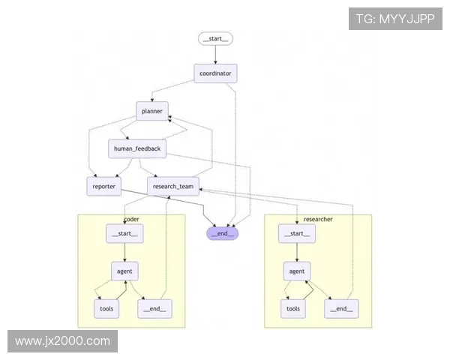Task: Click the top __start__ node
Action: click(216, 38)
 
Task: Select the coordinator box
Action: click(216, 73)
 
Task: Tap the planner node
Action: click(152, 111)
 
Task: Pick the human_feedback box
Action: click(136, 148)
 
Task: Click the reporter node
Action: click(104, 186)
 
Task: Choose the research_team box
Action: click(173, 186)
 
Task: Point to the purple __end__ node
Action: click(222, 233)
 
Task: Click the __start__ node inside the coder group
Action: click(124, 233)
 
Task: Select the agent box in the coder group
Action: click(124, 271)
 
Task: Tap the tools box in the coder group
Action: click(106, 308)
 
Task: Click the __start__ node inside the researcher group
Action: click(297, 233)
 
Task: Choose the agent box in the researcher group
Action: click(297, 271)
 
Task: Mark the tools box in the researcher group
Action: click(293, 308)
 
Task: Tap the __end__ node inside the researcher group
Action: click(340, 308)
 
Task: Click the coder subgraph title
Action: click(131, 219)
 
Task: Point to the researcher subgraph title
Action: click(318, 219)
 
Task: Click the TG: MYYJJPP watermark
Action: click(394, 19)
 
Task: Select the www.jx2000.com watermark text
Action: click(62, 341)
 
